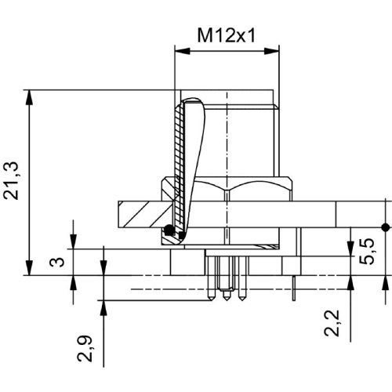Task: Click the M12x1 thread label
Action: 226,35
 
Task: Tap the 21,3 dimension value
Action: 11,181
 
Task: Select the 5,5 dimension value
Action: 367,252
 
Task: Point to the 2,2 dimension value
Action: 332,323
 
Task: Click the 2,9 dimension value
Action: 85,348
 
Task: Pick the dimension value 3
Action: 57,262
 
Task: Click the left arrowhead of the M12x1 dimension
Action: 182,51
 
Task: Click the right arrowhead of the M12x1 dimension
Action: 272,51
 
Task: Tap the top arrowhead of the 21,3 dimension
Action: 31,98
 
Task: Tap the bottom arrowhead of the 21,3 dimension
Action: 31,267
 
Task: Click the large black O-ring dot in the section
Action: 169,230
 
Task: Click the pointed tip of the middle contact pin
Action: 227,300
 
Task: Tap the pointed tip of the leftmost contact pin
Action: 211,300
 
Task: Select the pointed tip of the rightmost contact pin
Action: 242,300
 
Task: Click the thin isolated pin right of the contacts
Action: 294,289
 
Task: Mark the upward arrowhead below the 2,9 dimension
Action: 104,308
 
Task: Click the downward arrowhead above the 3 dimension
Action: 74,241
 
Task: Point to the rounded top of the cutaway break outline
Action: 192,99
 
